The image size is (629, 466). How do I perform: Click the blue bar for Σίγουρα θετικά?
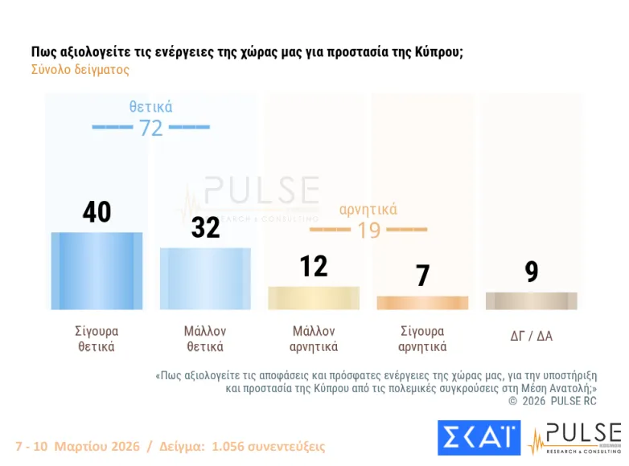click(x=97, y=271)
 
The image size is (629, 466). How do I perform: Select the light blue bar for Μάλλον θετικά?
click(x=205, y=278)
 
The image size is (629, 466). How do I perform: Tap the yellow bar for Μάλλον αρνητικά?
click(x=314, y=297)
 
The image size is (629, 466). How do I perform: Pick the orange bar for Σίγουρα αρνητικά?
click(x=422, y=302)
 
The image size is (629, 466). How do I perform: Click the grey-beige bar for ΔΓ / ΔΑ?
click(x=531, y=300)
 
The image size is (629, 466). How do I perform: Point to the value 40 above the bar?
click(x=97, y=212)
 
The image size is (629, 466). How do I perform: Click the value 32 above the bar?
click(x=205, y=227)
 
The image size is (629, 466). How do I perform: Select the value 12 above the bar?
click(x=314, y=265)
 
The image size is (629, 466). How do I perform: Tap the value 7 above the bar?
click(x=423, y=276)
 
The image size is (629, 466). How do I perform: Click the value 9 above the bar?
click(x=532, y=272)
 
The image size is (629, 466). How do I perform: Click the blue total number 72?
click(x=151, y=128)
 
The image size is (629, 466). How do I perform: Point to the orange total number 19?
click(x=368, y=230)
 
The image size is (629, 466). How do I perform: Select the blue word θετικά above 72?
click(x=151, y=107)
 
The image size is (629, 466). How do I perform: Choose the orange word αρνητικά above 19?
click(x=368, y=210)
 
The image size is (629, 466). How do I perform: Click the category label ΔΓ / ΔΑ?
click(x=532, y=336)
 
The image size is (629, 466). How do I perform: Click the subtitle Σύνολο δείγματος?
click(x=80, y=70)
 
